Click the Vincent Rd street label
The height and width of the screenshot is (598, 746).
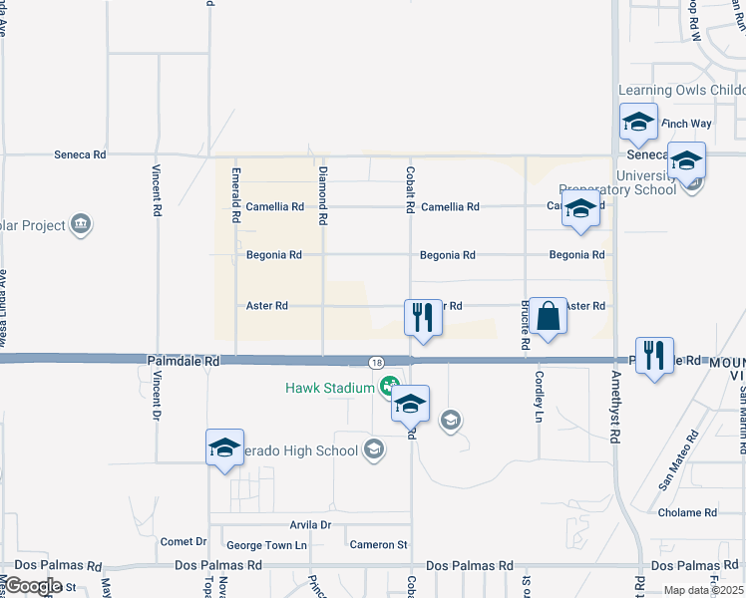click(x=158, y=191)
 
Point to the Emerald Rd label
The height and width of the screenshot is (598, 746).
click(x=236, y=194)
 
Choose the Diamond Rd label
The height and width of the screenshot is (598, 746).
click(x=323, y=194)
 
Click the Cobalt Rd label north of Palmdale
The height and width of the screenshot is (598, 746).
click(x=410, y=189)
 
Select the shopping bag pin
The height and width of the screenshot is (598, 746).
click(x=548, y=317)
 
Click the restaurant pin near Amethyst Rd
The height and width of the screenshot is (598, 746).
click(x=654, y=356)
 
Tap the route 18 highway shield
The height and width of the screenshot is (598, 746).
click(x=375, y=361)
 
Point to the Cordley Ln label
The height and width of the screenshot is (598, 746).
click(x=539, y=396)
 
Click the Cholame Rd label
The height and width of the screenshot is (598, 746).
click(x=687, y=512)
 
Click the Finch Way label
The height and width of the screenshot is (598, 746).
click(x=686, y=124)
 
